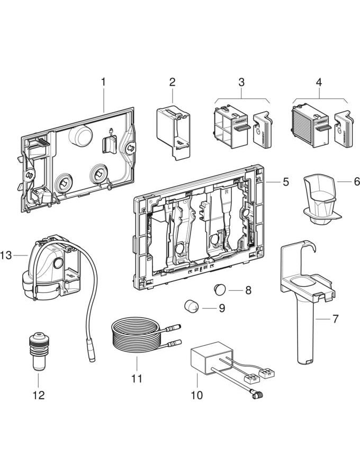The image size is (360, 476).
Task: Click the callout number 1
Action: click(103, 82)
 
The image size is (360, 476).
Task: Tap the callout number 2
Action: click(172, 82)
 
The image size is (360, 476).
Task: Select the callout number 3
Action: click(241, 82)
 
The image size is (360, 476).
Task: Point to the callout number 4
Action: click(319, 82)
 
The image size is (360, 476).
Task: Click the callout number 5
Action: click(285, 182)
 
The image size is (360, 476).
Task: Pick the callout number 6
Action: click(342, 181)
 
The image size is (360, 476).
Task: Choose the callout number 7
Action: click(335, 319)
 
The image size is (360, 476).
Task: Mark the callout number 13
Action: click(6, 256)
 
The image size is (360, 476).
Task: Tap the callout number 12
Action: click(38, 395)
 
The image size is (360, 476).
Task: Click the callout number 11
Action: click(137, 379)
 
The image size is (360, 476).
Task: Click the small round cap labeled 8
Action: click(219, 289)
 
